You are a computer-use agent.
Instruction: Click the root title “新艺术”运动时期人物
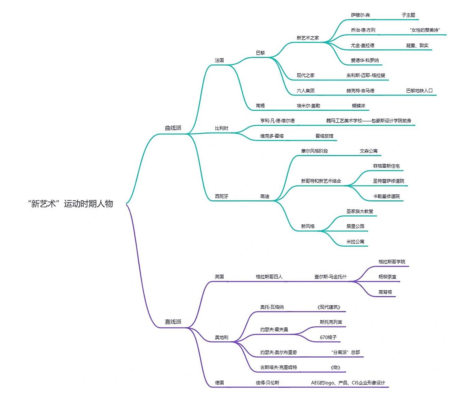[x=70, y=204]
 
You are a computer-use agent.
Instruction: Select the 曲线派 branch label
[x=173, y=128]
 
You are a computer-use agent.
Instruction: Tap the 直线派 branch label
[x=173, y=322]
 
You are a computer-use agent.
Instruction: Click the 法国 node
[x=219, y=60]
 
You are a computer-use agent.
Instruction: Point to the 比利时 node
[x=221, y=128]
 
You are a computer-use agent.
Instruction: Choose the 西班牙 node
[x=221, y=197]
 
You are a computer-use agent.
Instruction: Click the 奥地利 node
[x=221, y=337]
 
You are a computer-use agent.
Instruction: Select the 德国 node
[x=219, y=383]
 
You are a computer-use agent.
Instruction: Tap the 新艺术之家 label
[x=308, y=38]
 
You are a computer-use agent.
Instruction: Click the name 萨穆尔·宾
[x=360, y=15]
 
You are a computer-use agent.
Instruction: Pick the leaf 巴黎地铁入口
[x=419, y=91]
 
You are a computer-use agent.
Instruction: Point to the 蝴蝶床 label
[x=359, y=106]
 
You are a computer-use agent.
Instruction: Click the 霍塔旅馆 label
[x=324, y=136]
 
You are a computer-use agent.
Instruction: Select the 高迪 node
[x=265, y=197]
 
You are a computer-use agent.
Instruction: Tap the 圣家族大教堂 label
[x=360, y=211]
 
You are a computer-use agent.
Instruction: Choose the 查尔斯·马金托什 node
[x=330, y=277]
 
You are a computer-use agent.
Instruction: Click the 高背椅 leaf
[x=385, y=292]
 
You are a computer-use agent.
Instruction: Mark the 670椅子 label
[x=328, y=337]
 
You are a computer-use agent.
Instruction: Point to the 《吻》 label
[x=335, y=368]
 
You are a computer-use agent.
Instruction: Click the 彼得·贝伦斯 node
[x=268, y=383]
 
